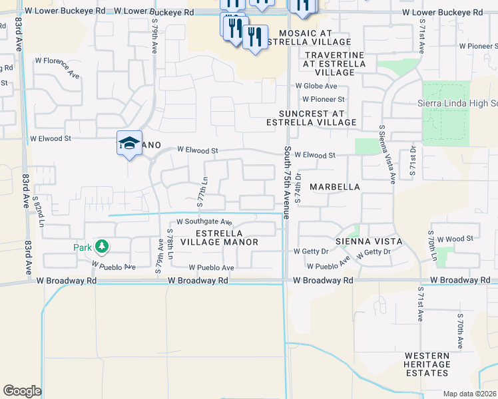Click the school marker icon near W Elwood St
129,143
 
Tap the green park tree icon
101,247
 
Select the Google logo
22,390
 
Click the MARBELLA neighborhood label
334,187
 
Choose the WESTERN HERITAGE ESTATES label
427,364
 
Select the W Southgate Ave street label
204,222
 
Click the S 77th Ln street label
203,190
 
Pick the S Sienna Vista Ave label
387,154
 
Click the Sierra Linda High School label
457,104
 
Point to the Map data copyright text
470,393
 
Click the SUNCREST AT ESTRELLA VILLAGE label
311,118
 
